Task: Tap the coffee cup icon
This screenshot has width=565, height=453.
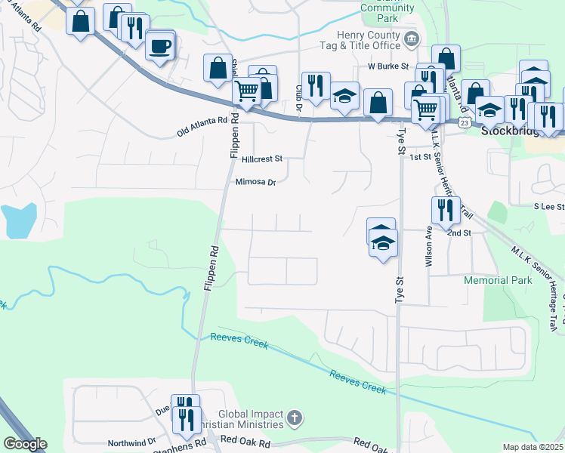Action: pos(159,46)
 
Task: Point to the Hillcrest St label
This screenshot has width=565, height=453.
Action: pos(262,159)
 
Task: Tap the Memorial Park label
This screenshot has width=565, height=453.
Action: pos(498,280)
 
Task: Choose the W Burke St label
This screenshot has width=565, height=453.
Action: pos(388,66)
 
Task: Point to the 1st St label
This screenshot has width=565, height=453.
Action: pos(420,157)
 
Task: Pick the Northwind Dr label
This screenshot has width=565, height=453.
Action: pos(131,441)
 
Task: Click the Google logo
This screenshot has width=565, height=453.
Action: pos(26,444)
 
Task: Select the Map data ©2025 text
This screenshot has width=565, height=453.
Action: pos(533,447)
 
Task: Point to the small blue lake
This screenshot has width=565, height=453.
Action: pos(18,218)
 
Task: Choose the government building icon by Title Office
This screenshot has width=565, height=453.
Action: pos(412,39)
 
